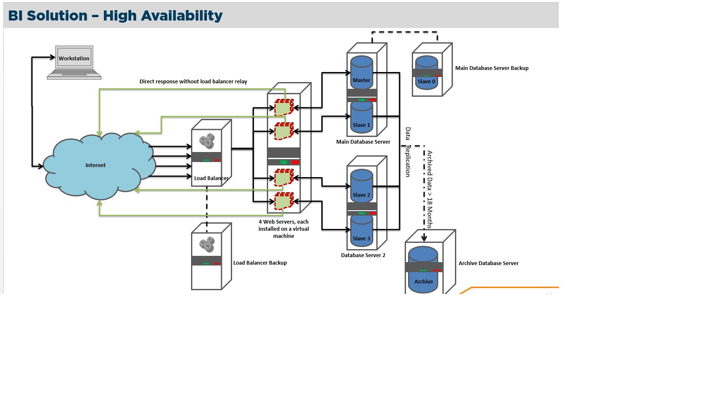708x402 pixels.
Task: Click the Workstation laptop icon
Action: [74, 62]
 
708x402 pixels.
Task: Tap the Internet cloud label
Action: [96, 165]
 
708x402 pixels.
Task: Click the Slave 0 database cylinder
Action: [426, 74]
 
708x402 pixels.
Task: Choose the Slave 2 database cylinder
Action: [362, 186]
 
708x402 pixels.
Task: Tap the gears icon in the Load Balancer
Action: [207, 141]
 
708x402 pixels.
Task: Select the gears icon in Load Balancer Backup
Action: [207, 244]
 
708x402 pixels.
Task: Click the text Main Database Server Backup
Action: [492, 68]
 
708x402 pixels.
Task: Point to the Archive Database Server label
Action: [488, 263]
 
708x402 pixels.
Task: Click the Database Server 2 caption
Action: [363, 255]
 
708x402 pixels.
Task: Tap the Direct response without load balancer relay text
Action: [193, 82]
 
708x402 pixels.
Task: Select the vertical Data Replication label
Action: [408, 152]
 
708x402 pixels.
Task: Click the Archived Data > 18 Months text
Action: [430, 189]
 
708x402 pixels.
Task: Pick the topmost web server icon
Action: [284, 108]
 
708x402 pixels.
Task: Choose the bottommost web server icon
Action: [284, 201]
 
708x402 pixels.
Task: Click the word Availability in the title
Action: [182, 16]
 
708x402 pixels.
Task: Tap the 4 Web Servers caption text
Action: [284, 229]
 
